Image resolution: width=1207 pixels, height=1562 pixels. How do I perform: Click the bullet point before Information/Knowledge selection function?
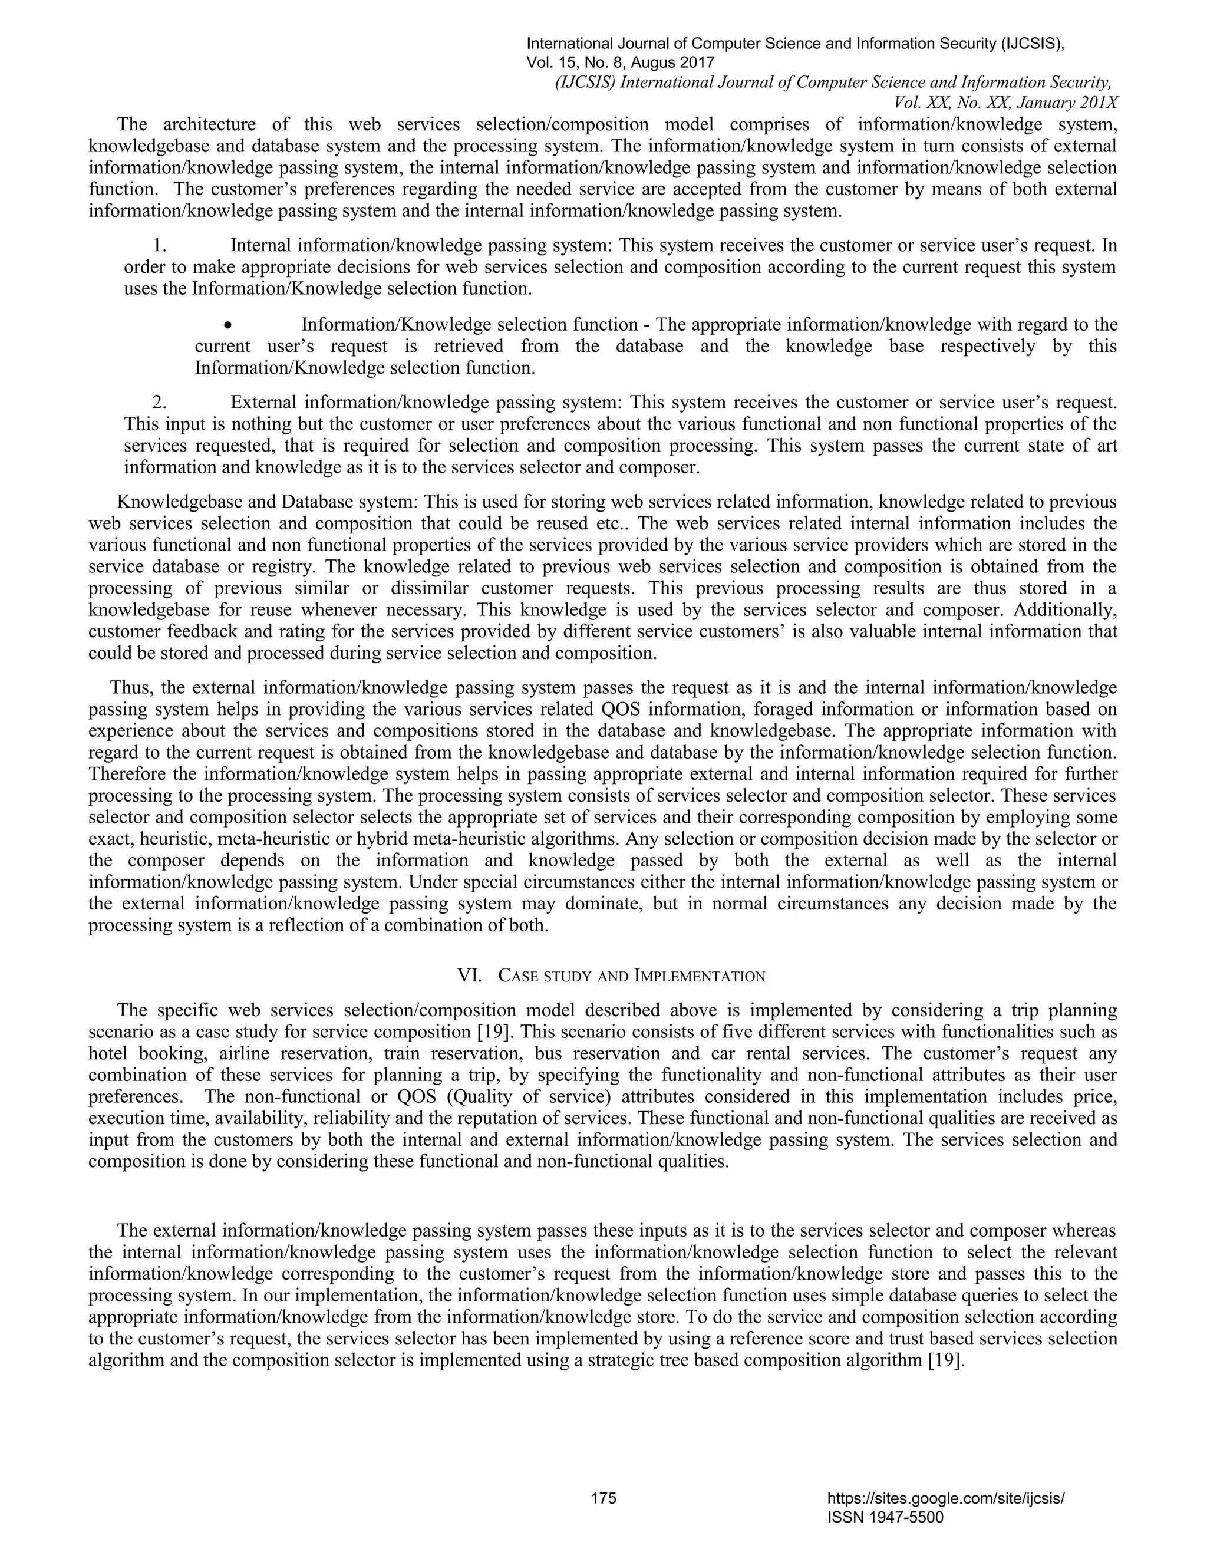pos(227,325)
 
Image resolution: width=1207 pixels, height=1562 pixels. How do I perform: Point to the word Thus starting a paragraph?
pos(131,688)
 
